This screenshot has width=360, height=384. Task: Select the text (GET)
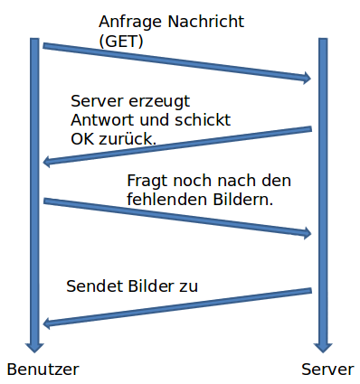tap(120, 41)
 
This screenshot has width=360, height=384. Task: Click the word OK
tap(82, 139)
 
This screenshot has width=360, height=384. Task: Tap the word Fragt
tap(147, 181)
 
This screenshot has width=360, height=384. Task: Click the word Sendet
tap(90, 286)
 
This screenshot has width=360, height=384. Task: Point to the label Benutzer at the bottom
tap(43, 369)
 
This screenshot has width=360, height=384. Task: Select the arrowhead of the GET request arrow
tap(306, 79)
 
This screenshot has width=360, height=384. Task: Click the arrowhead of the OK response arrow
tap(49, 162)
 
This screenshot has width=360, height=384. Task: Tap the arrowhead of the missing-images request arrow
tap(306, 233)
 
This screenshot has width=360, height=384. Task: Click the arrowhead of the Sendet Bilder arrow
tap(49, 323)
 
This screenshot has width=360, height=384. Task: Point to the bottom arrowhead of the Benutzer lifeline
tap(35, 345)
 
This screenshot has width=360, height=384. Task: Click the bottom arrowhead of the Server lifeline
tap(322, 345)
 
